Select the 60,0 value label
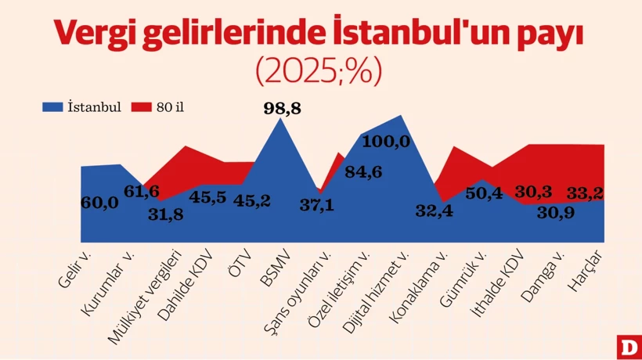coord(99,203)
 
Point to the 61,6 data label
coord(142,192)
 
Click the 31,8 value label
coord(166,215)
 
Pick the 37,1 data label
coord(317,204)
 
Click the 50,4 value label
coord(484,194)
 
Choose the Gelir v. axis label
coord(77,269)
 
